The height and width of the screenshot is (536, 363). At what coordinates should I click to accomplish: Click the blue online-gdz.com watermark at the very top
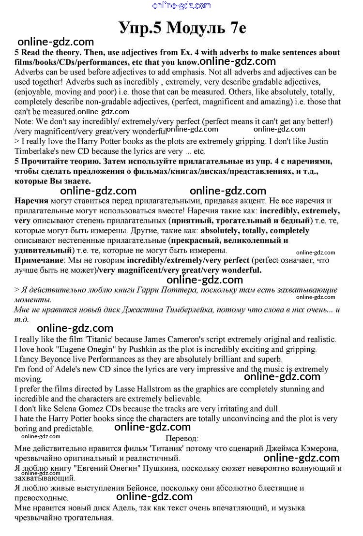tap(181, 6)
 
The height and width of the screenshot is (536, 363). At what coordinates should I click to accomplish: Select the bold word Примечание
tap(38, 260)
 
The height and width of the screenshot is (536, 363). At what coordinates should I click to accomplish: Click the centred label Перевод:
tap(181, 438)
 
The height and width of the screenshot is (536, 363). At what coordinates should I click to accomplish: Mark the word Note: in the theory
tap(24, 121)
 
